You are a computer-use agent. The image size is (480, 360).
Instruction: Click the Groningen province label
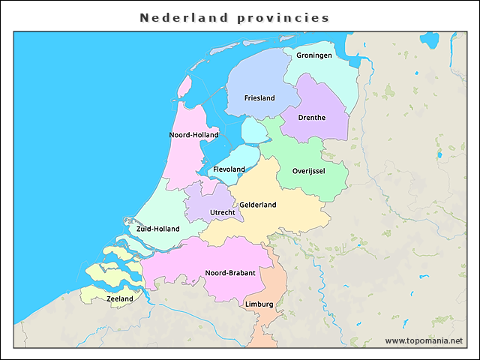(314, 55)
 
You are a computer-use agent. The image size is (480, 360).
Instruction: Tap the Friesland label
(259, 98)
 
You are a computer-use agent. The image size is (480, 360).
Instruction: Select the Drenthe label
(311, 118)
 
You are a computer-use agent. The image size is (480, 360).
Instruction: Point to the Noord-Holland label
(193, 135)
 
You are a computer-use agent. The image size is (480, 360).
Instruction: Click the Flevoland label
(229, 169)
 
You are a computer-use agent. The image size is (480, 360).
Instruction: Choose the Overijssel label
(308, 171)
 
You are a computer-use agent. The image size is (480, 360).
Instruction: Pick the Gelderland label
(258, 205)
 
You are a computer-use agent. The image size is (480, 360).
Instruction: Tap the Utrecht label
(222, 212)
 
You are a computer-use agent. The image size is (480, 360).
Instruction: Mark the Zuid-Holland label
(157, 229)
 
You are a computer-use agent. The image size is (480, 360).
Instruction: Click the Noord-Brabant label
(230, 273)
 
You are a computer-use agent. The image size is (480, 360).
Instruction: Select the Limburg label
(259, 304)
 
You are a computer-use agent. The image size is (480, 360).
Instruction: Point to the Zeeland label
(120, 298)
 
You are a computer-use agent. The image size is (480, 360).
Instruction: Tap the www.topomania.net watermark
(424, 340)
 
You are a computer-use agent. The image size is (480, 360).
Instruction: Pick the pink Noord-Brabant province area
(195, 259)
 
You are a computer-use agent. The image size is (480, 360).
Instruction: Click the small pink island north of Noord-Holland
(184, 81)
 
